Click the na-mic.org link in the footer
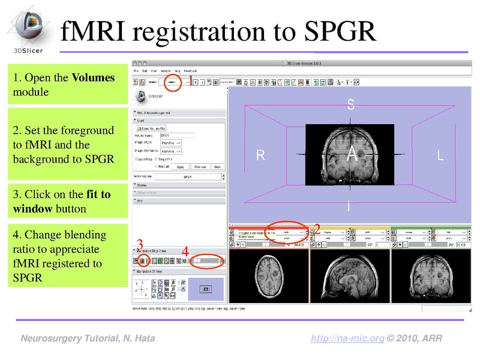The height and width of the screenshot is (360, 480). (x=347, y=339)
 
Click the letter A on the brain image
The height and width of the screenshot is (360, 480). (x=352, y=154)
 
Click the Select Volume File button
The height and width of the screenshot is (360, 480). (x=150, y=128)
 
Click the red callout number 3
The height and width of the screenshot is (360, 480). (x=139, y=244)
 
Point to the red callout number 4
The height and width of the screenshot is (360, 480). (x=185, y=253)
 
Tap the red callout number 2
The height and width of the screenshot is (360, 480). (x=317, y=229)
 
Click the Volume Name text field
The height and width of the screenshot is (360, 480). (x=178, y=136)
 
